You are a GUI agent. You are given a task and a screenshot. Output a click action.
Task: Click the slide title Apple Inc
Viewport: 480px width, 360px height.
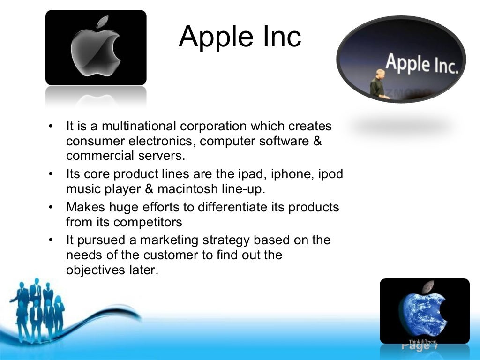(240, 37)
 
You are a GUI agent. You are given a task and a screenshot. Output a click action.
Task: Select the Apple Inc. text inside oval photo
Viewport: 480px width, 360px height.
(421, 65)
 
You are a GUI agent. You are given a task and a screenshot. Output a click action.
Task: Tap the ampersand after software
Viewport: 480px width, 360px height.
(317, 141)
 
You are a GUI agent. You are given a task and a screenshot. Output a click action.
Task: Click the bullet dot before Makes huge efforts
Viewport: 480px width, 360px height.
(51, 207)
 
